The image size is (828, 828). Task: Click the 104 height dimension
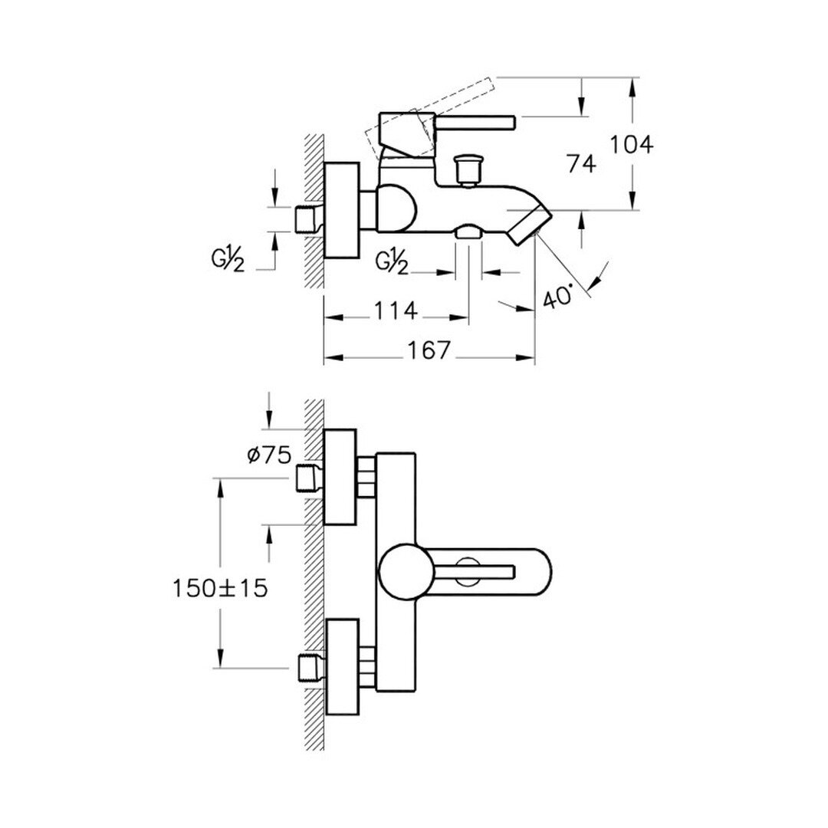(x=632, y=144)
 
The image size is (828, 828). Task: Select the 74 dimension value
(x=581, y=164)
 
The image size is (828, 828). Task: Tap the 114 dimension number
(x=396, y=310)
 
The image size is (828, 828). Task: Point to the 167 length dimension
(x=429, y=350)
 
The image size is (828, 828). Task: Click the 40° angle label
(x=557, y=296)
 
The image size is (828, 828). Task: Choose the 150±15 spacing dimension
(x=220, y=588)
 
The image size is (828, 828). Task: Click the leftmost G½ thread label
(x=228, y=261)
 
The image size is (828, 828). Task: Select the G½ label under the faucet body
(x=392, y=262)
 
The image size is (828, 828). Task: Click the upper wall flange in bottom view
(x=340, y=478)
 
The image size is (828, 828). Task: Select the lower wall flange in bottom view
(x=342, y=668)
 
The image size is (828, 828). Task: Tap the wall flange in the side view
(x=342, y=211)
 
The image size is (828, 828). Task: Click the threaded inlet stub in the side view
(x=308, y=220)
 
